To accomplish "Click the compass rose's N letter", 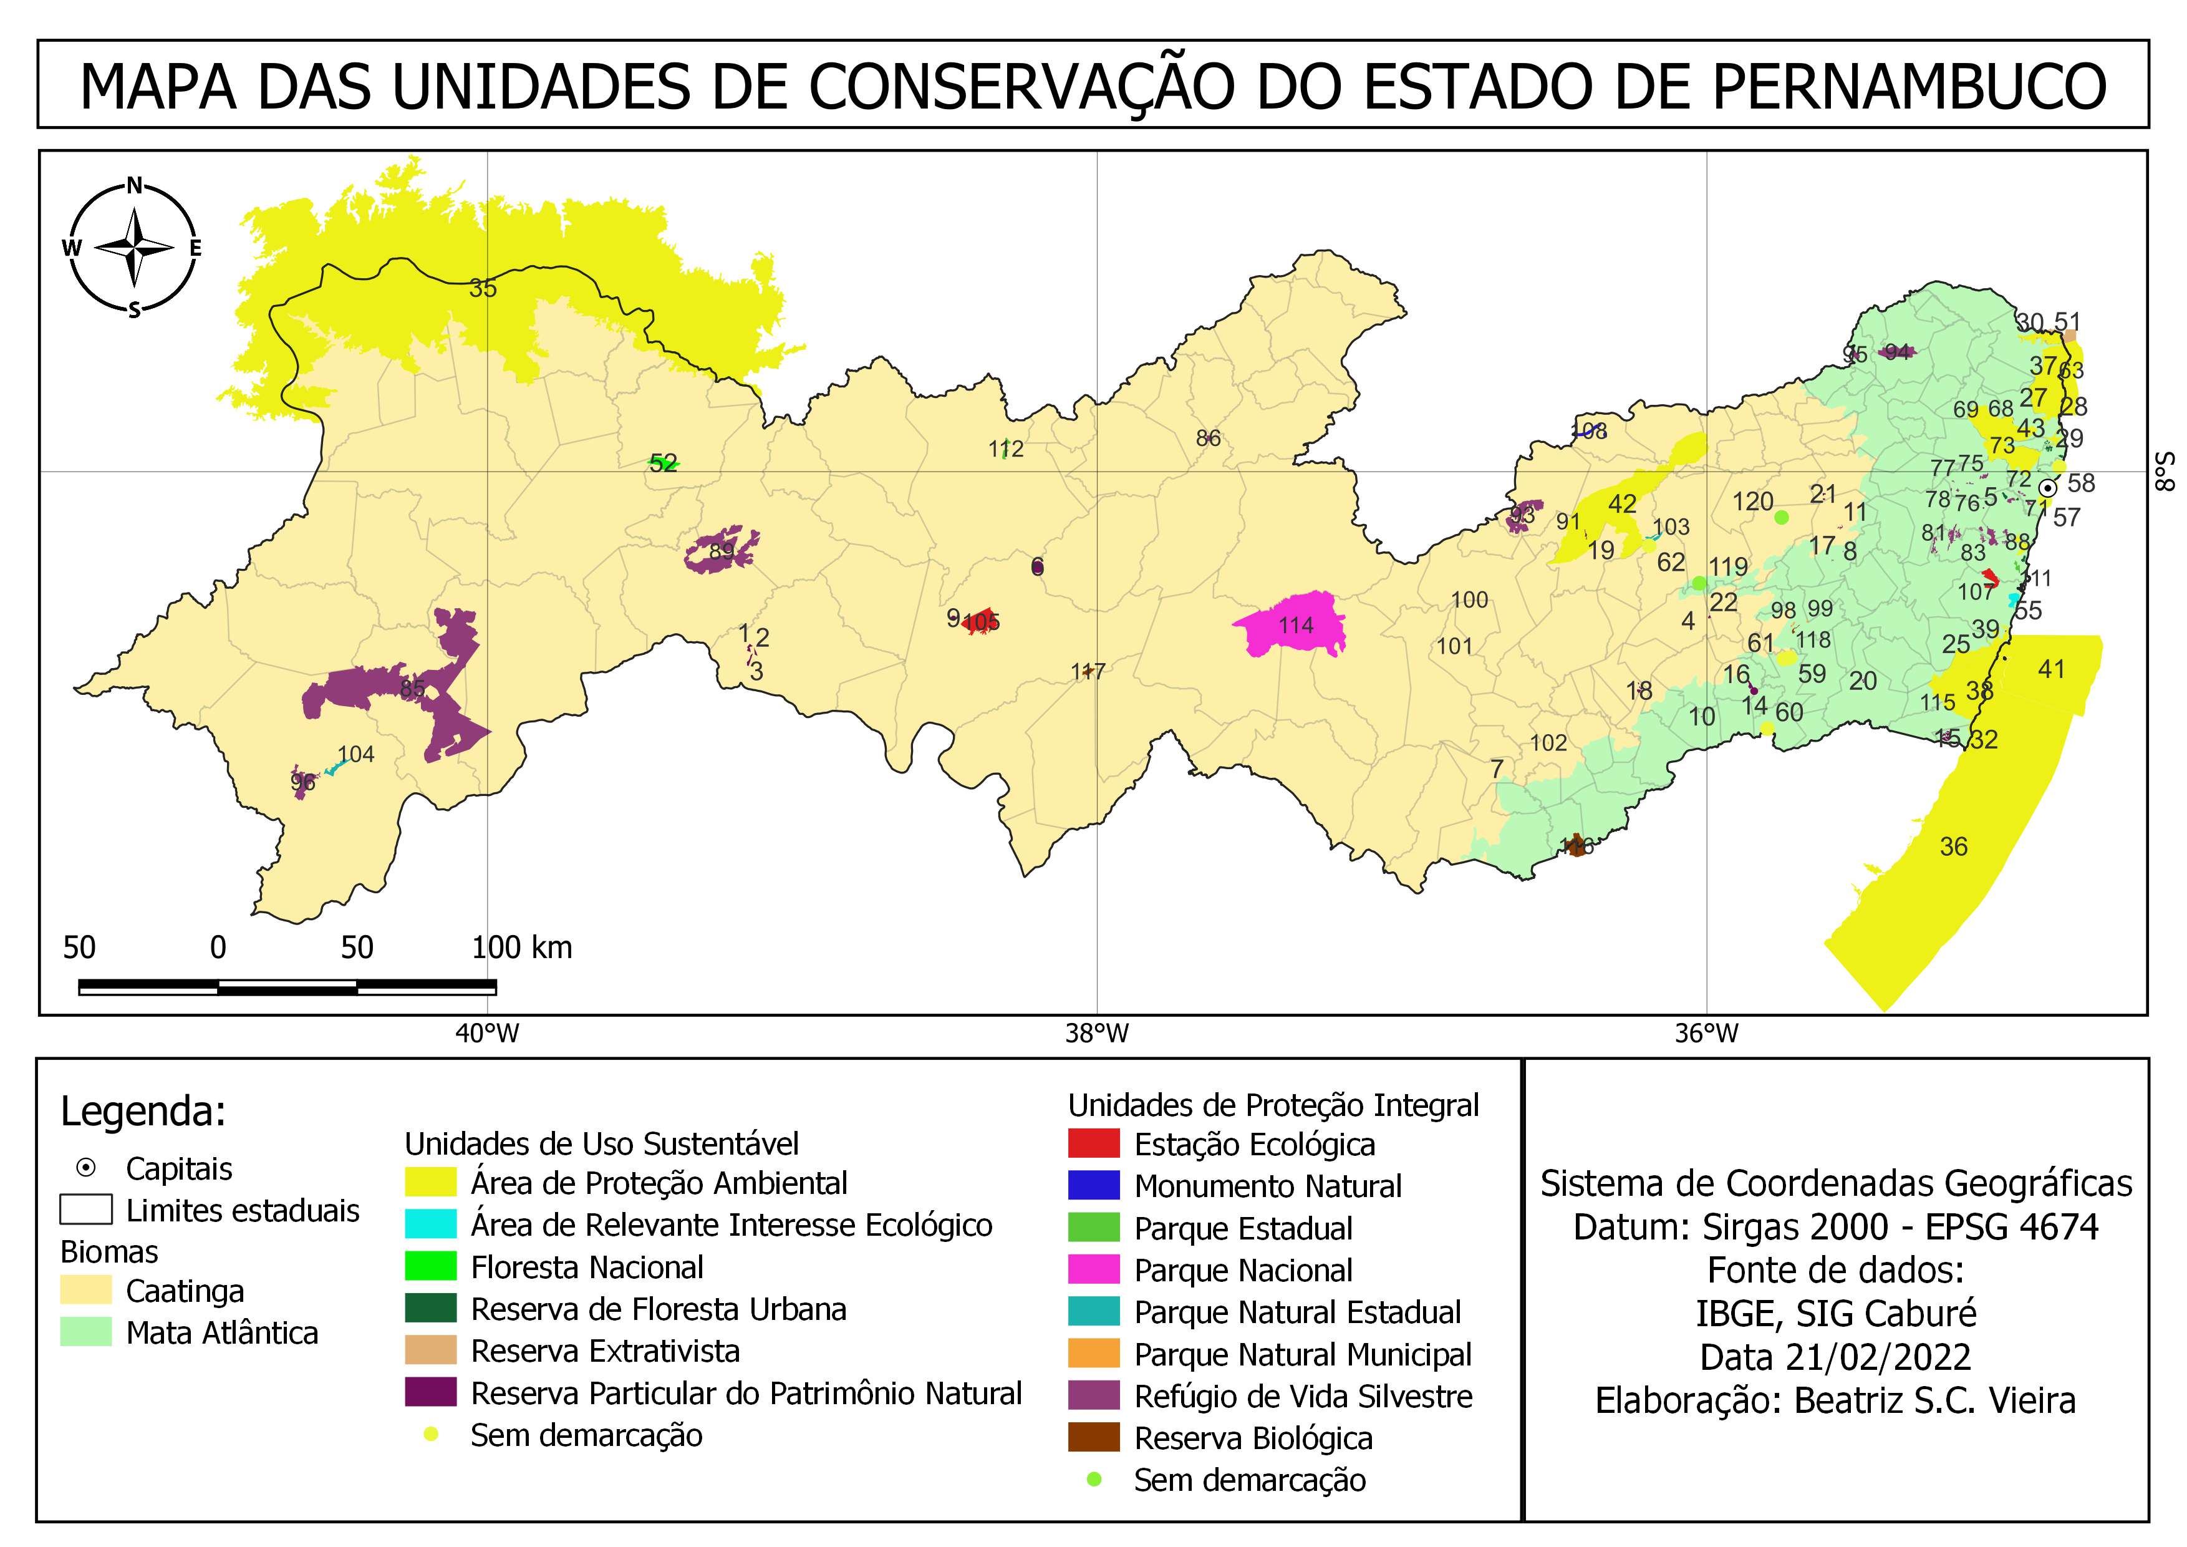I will [134, 186].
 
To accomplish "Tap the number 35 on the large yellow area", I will [483, 289].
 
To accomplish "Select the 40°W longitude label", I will [487, 1034].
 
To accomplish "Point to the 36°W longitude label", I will [1706, 1034].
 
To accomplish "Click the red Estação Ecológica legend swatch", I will [1094, 1144].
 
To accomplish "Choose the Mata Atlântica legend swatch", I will [85, 1332].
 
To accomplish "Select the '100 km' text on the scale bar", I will [522, 947].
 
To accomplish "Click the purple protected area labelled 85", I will [412, 688].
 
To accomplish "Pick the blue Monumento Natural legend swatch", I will [1094, 1186].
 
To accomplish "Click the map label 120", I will [1752, 502].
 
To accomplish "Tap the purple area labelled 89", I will [721, 551].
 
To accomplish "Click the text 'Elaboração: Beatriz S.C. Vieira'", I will [1835, 1400].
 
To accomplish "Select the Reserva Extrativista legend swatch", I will [430, 1351].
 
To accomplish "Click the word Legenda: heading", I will [143, 1111].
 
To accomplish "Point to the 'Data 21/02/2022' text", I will [1835, 1357].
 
